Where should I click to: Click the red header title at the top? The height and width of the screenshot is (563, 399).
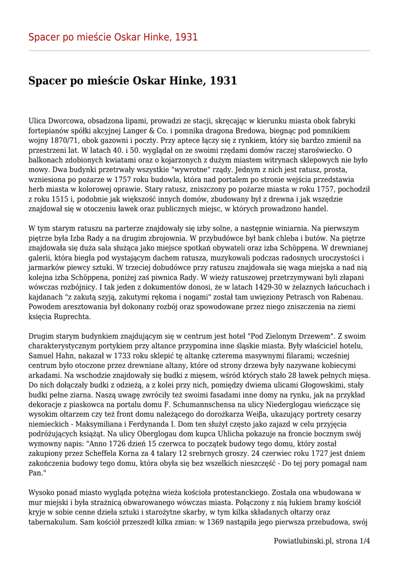coord(113,37)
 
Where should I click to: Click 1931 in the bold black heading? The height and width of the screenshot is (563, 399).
coord(223,81)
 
